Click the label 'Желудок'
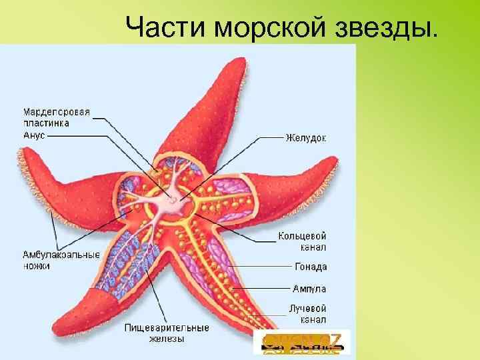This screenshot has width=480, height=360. click(x=306, y=138)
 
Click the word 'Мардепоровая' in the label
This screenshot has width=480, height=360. click(x=57, y=111)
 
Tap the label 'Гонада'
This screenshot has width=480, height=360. click(x=311, y=267)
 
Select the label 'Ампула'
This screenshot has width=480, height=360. click(x=309, y=289)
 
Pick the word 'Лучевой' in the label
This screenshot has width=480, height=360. click(x=307, y=309)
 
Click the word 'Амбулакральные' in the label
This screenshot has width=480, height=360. click(x=61, y=255)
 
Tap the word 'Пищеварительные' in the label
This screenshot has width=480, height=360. click(x=167, y=328)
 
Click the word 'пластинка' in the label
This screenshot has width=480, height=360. click(x=47, y=123)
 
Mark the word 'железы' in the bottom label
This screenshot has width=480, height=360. click(x=167, y=339)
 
